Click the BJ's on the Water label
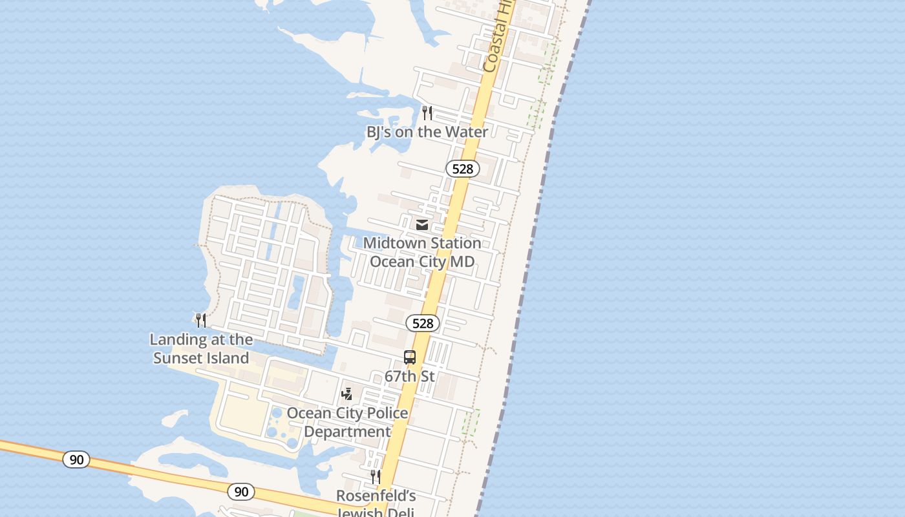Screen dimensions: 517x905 point(427,132)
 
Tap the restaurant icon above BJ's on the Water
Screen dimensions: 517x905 point(427,113)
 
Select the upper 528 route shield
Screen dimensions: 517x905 point(463,169)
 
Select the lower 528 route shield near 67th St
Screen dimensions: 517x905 point(423,323)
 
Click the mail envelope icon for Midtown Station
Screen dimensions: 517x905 point(422,225)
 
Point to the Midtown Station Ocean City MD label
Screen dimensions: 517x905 point(422,253)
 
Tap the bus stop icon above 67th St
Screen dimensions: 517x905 point(410,357)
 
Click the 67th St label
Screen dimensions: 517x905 point(410,376)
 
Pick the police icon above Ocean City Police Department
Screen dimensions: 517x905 point(347,394)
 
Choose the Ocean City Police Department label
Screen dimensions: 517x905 point(347,422)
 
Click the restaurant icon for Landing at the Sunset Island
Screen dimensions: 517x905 point(201,320)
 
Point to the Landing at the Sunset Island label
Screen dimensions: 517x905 point(201,348)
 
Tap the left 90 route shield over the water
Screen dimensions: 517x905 point(76,459)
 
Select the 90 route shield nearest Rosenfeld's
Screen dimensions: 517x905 point(241,492)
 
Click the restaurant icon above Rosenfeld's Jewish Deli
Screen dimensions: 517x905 point(376,477)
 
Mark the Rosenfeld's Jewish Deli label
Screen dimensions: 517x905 point(376,503)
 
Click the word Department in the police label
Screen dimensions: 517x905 point(347,432)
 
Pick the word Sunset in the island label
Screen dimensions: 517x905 point(201,358)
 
